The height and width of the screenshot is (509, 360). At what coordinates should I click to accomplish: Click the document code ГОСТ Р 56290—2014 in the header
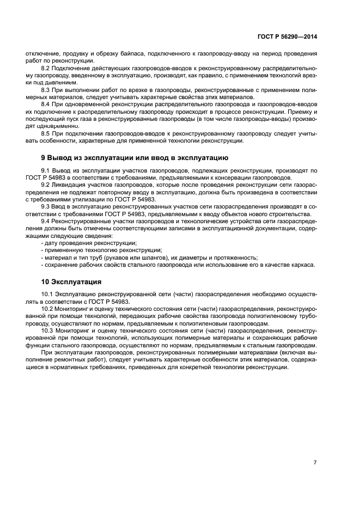[286, 37]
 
